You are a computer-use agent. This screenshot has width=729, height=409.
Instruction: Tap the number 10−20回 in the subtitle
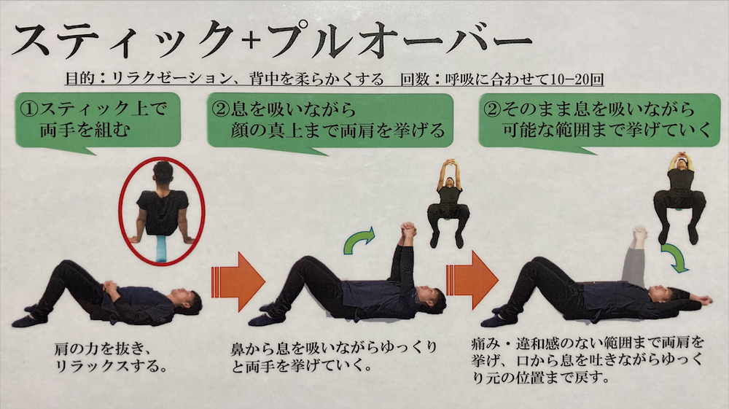tap(576, 79)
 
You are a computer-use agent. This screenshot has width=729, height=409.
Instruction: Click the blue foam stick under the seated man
tap(161, 249)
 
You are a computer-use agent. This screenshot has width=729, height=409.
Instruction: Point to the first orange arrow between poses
tap(238, 281)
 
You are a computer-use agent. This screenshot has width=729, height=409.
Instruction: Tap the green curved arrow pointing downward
tap(674, 258)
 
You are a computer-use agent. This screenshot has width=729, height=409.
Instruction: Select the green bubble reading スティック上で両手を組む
tap(98, 122)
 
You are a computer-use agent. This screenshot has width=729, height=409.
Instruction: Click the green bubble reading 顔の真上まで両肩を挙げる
tap(330, 122)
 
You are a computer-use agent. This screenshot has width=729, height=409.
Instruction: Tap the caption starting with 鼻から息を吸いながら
tap(334, 357)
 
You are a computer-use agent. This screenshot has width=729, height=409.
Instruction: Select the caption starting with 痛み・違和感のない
tap(587, 360)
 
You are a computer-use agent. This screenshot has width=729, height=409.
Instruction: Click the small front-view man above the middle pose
tap(448, 203)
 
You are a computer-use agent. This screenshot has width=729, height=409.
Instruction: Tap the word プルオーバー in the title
tap(399, 40)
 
